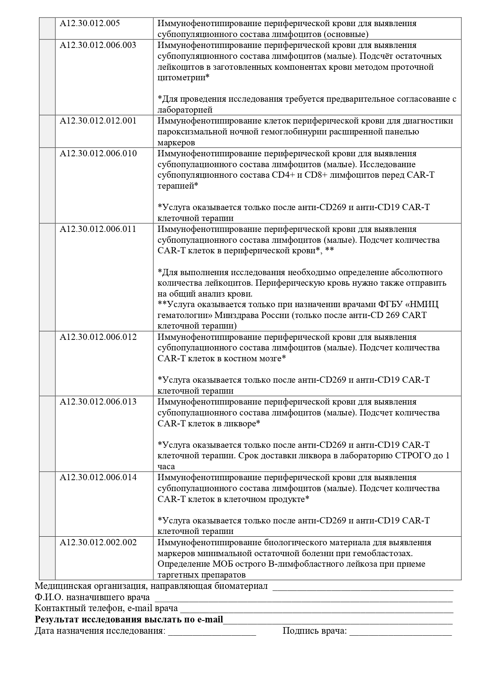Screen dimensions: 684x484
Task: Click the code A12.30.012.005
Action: point(90,23)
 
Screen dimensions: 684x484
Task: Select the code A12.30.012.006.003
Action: point(98,45)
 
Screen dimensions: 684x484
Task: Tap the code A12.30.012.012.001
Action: point(98,121)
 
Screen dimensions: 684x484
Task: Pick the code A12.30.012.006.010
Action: point(98,154)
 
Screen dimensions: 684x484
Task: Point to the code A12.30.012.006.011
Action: point(98,229)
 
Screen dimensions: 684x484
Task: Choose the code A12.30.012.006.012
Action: point(98,337)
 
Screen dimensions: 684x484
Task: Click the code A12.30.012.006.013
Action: point(98,402)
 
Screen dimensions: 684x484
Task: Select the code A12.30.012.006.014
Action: point(98,477)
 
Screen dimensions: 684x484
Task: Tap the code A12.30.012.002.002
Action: point(98,543)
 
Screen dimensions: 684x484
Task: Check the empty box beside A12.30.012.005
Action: point(47,28)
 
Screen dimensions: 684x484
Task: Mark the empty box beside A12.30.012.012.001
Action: point(47,131)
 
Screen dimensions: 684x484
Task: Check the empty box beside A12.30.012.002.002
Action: point(47,558)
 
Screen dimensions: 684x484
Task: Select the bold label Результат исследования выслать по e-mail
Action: point(129,619)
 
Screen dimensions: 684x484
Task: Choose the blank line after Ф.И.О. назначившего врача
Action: point(303,598)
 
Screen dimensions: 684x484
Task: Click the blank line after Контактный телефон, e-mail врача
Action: point(316,609)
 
